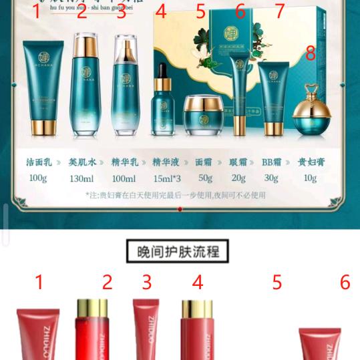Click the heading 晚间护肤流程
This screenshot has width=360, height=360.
click(178, 251)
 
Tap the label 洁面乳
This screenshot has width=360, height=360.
click(39, 162)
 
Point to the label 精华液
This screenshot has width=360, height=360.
click(166, 162)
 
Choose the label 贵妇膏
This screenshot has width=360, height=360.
click(311, 162)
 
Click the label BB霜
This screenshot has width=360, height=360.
click(271, 162)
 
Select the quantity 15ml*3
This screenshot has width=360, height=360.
click(166, 178)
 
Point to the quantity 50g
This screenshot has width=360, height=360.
click(205, 178)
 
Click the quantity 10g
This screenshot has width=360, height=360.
click(311, 178)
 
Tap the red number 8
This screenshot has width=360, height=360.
click(311, 53)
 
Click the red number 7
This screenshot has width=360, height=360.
click(279, 11)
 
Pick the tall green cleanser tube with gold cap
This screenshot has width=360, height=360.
click(39, 87)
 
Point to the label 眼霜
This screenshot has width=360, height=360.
click(238, 162)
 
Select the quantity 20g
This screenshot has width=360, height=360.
click(238, 178)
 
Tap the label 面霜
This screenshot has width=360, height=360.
click(204, 162)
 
